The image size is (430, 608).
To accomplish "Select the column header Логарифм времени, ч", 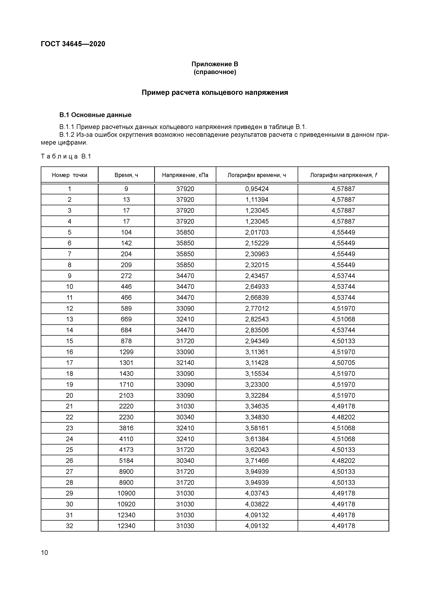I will [257, 175].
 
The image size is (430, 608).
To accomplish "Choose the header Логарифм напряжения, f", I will [343, 175].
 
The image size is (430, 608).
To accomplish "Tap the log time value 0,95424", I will [257, 189].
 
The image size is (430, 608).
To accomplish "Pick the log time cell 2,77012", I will [257, 308].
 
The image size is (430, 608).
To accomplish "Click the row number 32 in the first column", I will [69, 526].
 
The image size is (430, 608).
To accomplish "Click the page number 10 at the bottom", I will [45, 552].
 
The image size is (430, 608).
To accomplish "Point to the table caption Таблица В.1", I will [66, 157].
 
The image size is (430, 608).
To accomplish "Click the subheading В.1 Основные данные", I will [95, 115].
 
